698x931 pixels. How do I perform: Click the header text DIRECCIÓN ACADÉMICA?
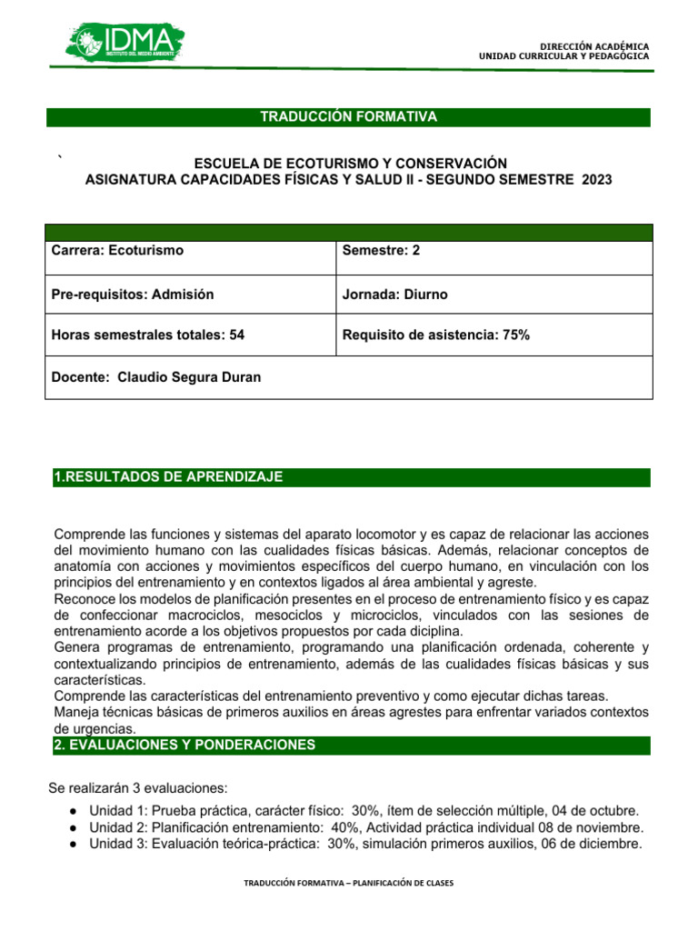pyautogui.click(x=594, y=45)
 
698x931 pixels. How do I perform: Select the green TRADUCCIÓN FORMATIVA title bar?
pyautogui.click(x=348, y=117)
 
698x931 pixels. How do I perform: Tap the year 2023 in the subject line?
pyautogui.click(x=594, y=180)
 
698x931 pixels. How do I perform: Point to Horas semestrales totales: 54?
pyautogui.click(x=149, y=335)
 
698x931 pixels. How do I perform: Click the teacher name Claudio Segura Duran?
pyautogui.click(x=189, y=376)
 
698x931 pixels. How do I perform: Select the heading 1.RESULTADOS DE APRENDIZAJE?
pyautogui.click(x=169, y=477)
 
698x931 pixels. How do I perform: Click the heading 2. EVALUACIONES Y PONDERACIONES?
pyautogui.click(x=185, y=745)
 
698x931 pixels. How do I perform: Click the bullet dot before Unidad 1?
pyautogui.click(x=73, y=810)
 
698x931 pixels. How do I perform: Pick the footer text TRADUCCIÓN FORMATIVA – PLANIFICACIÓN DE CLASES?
pyautogui.click(x=348, y=883)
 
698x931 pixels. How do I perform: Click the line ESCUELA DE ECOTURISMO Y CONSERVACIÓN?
pyautogui.click(x=348, y=163)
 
